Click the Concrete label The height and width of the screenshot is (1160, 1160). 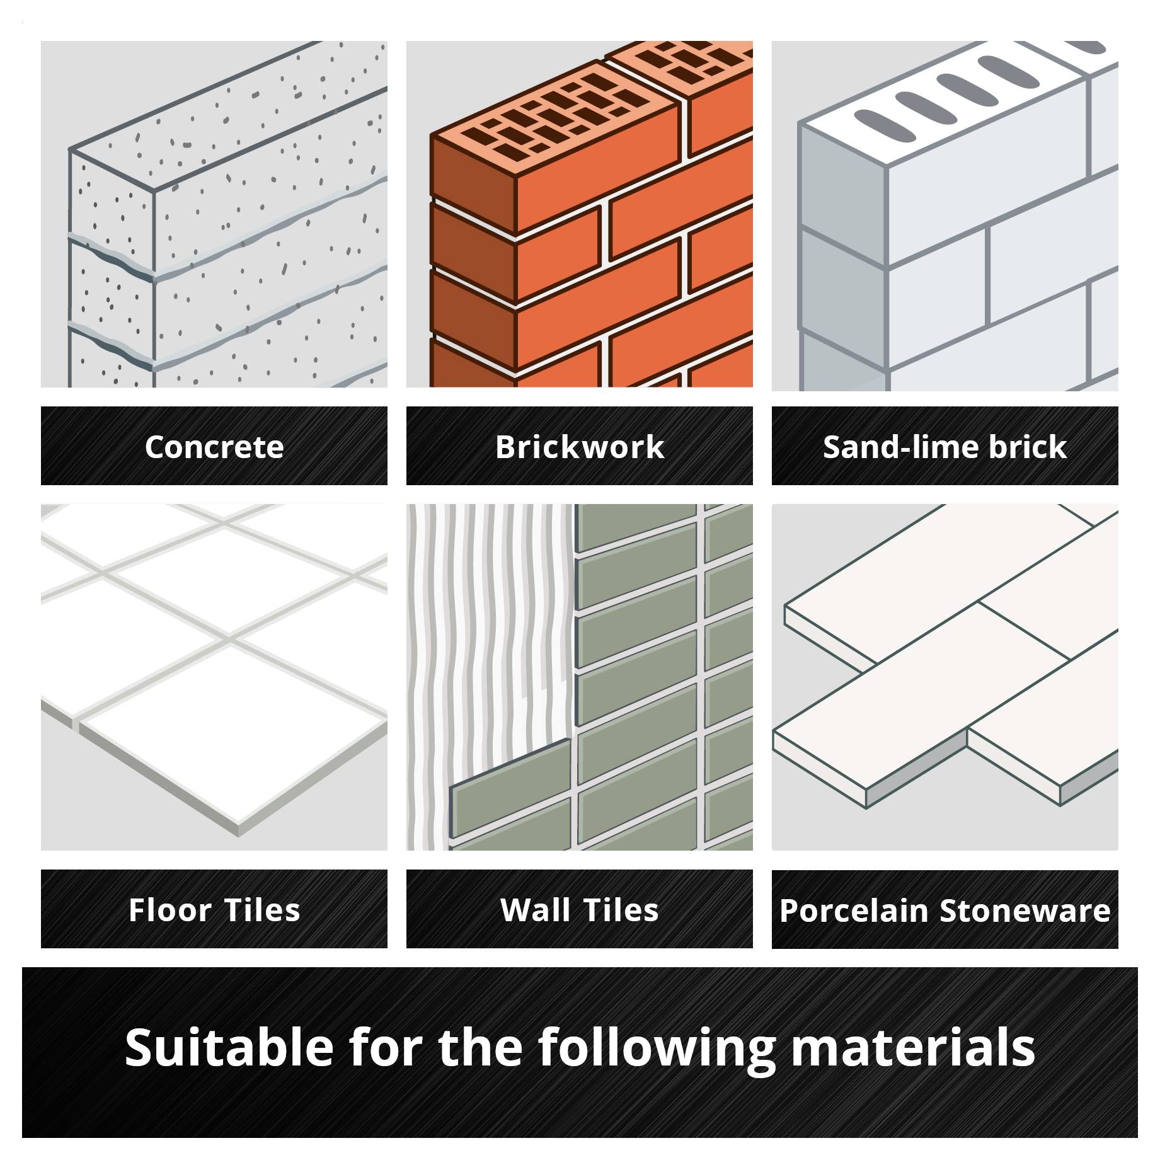[x=214, y=447]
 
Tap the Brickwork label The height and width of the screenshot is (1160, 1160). [x=580, y=447]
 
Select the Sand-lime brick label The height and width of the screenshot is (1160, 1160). [x=945, y=447]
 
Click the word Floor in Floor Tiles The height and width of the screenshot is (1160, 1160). [x=169, y=910]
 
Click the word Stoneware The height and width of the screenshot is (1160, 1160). [x=1025, y=910]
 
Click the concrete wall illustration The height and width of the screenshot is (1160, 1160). [x=214, y=214]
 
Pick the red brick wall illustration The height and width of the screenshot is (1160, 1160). [x=580, y=214]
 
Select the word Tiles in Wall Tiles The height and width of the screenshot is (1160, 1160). [x=621, y=910]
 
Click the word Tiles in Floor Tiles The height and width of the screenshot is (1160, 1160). [x=262, y=910]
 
